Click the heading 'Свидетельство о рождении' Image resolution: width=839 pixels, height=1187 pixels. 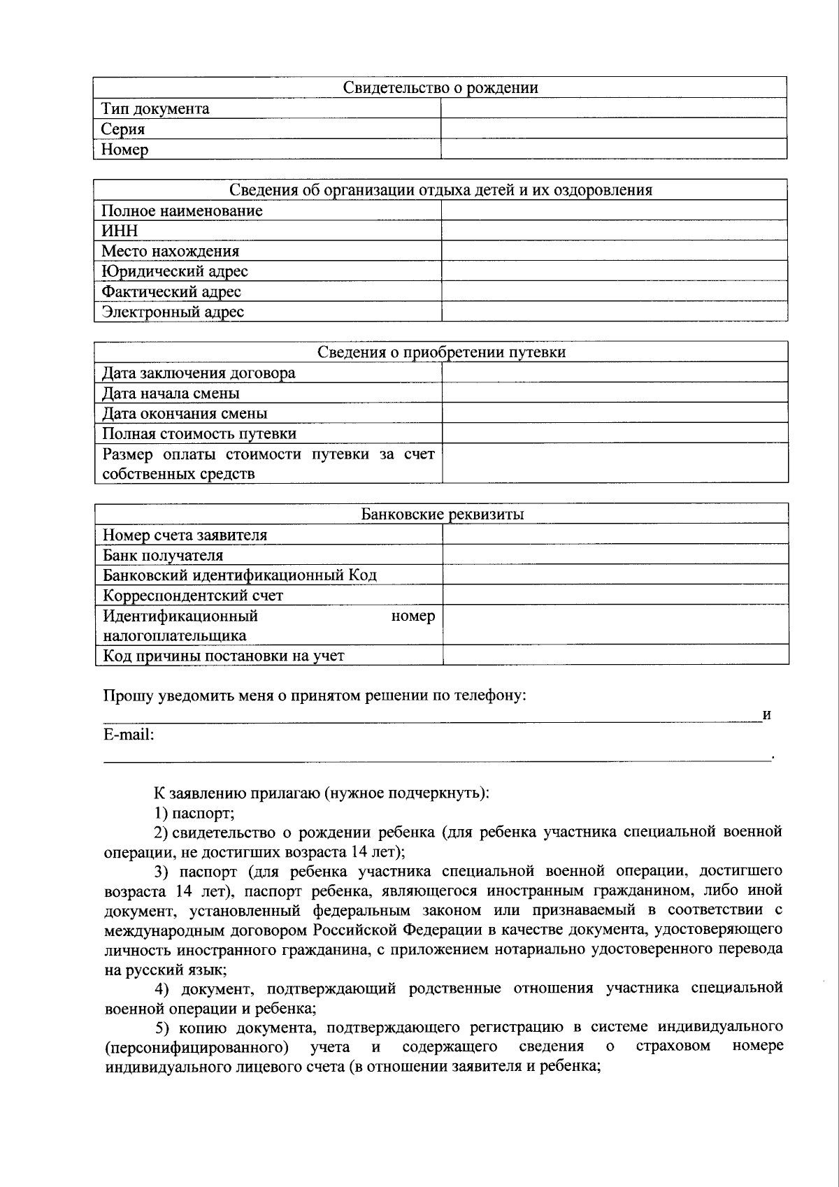click(x=440, y=87)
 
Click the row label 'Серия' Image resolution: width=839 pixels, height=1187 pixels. click(x=123, y=129)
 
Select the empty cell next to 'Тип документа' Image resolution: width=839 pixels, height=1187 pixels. click(x=613, y=108)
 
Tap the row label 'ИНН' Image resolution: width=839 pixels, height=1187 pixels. click(x=120, y=231)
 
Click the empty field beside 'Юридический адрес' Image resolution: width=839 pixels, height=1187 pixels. click(x=614, y=271)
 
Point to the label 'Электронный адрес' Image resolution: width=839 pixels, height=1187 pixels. click(x=173, y=312)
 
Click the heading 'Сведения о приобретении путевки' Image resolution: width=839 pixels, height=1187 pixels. click(x=441, y=352)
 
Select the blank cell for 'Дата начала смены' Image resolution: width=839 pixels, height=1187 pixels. click(x=615, y=393)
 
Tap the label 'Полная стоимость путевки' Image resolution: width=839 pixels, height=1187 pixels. click(x=199, y=433)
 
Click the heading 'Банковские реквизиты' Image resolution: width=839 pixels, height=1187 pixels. click(x=443, y=515)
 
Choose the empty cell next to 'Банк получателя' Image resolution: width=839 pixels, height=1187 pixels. click(x=615, y=555)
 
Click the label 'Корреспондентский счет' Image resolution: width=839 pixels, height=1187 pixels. click(x=193, y=596)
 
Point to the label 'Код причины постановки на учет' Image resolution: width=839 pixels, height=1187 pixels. click(x=224, y=656)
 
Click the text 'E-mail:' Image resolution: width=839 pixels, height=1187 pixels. click(x=129, y=735)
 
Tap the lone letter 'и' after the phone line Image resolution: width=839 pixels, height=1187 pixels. click(x=766, y=715)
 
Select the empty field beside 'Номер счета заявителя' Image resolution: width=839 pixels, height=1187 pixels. click(x=615, y=535)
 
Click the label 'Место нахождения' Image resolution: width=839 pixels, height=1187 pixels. click(x=170, y=251)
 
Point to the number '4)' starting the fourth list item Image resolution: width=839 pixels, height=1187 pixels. click(x=162, y=988)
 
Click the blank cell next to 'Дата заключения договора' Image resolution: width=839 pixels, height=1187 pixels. click(x=615, y=373)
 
